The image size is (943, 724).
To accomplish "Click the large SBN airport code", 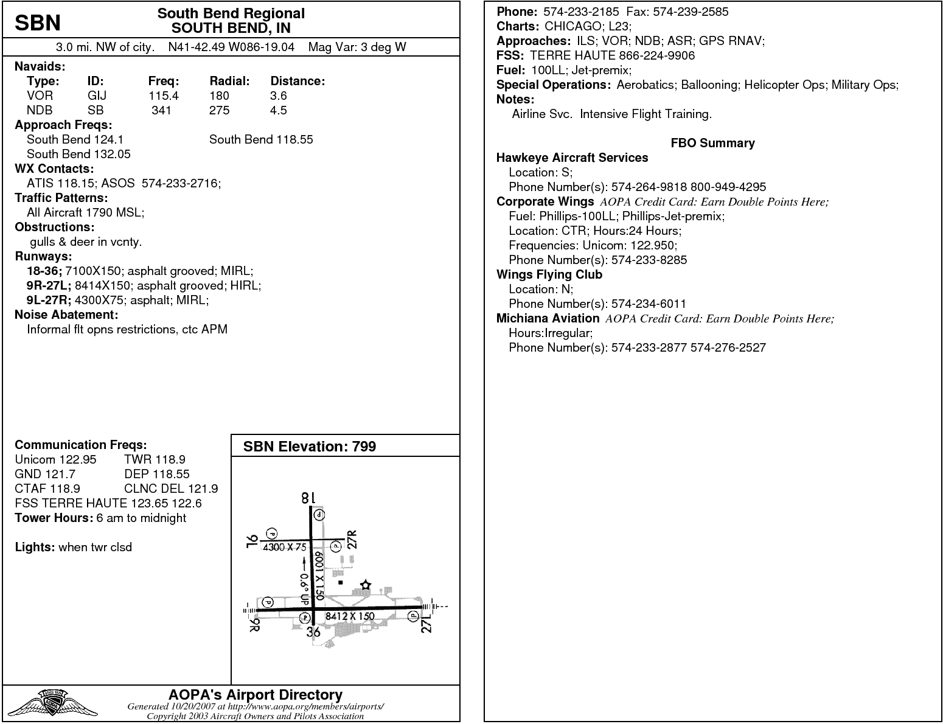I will click(38, 23).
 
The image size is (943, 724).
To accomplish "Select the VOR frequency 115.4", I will click(164, 96).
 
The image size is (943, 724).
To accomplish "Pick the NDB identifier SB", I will click(96, 110).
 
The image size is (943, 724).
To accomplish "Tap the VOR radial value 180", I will click(219, 96).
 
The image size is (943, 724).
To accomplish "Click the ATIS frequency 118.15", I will click(77, 183).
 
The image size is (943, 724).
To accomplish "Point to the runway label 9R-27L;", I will click(49, 285).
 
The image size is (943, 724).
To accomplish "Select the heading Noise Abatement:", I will click(66, 315).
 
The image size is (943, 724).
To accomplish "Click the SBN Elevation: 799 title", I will click(310, 447).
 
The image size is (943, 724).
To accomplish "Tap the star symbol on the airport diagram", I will click(365, 585).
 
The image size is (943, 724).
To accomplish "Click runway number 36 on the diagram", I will click(313, 632).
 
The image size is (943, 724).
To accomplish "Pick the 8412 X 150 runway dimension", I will click(350, 616).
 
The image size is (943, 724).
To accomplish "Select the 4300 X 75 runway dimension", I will click(284, 547).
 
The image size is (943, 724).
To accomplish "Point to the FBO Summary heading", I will click(712, 143).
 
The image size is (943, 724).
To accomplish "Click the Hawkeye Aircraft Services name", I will click(572, 158).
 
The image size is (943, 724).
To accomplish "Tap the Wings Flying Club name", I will click(549, 274).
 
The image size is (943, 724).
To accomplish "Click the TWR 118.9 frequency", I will click(155, 459).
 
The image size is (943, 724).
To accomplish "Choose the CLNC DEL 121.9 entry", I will click(171, 489).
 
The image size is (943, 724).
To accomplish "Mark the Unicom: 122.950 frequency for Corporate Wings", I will click(629, 245).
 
